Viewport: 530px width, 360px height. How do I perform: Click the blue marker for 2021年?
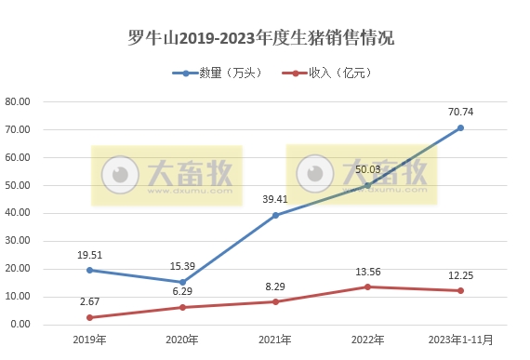(275, 215)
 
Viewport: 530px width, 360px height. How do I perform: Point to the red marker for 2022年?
(368, 287)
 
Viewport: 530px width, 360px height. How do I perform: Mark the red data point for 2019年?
(90, 317)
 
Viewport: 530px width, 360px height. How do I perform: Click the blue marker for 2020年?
(182, 282)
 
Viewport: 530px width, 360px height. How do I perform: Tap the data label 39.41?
(275, 199)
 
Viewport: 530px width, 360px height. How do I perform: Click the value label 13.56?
(368, 272)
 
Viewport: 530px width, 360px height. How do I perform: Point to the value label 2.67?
(90, 302)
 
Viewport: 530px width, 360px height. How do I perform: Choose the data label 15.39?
(182, 266)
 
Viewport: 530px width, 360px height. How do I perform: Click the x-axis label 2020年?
(182, 340)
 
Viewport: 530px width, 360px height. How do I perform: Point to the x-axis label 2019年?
(90, 340)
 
